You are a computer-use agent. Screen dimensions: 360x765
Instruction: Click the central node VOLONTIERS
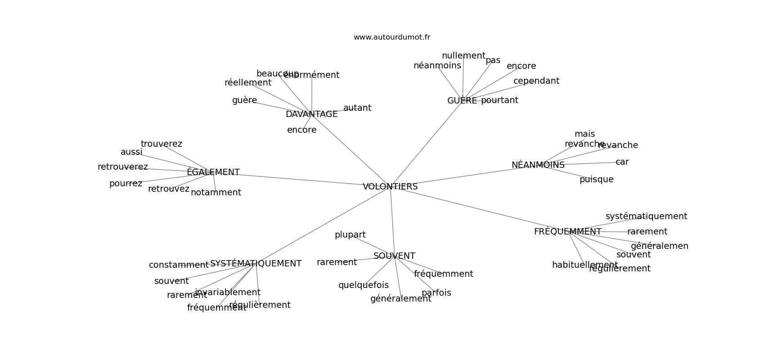tap(390, 187)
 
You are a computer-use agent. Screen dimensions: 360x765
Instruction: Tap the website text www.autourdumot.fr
tap(391, 37)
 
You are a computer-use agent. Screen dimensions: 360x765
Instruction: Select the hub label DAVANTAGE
tap(311, 114)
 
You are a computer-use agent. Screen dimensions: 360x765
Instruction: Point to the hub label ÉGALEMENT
tap(213, 172)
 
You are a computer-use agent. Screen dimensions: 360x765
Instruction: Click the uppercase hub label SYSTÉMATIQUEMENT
tap(256, 264)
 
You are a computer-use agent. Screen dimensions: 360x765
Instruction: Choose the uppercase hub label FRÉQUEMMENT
tap(567, 232)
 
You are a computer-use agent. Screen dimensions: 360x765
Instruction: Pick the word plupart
tap(350, 235)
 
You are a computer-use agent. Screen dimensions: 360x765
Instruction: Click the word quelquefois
tap(363, 285)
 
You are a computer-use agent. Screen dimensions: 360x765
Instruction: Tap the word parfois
tap(436, 293)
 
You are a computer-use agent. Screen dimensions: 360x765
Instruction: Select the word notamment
tap(216, 193)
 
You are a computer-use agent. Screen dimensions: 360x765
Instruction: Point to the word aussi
tap(131, 152)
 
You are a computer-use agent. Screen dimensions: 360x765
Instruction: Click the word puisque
tap(596, 180)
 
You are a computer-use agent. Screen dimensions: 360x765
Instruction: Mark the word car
tap(622, 162)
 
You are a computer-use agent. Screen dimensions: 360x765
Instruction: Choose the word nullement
tap(463, 56)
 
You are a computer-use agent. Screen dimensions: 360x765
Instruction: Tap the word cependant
tap(536, 81)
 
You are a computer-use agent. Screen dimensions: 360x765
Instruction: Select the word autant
tap(357, 108)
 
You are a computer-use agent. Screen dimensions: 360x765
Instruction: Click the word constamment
tap(179, 265)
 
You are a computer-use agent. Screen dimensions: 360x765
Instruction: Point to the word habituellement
tap(585, 265)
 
